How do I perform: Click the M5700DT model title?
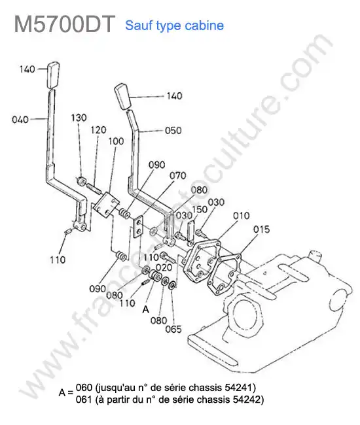[x=65, y=24]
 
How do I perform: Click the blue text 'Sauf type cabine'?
[x=175, y=25]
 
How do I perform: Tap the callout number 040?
[x=20, y=120]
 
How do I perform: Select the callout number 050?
[x=173, y=130]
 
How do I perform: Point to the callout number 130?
[x=79, y=118]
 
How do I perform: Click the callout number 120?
[x=98, y=130]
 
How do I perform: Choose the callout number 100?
[x=116, y=141]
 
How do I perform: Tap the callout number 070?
[x=177, y=176]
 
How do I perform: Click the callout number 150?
[x=200, y=209]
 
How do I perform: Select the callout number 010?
[x=241, y=216]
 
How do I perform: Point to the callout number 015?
[x=262, y=229]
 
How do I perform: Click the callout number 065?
[x=173, y=330]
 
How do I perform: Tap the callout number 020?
[x=164, y=267]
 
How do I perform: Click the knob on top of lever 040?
[x=54, y=75]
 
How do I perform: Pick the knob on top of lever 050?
[x=123, y=97]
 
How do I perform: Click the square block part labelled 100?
[x=106, y=204]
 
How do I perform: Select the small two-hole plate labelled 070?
[x=139, y=227]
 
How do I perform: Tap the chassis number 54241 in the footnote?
[x=239, y=388]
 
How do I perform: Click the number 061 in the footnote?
[x=84, y=399]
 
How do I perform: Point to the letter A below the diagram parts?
[x=146, y=309]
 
